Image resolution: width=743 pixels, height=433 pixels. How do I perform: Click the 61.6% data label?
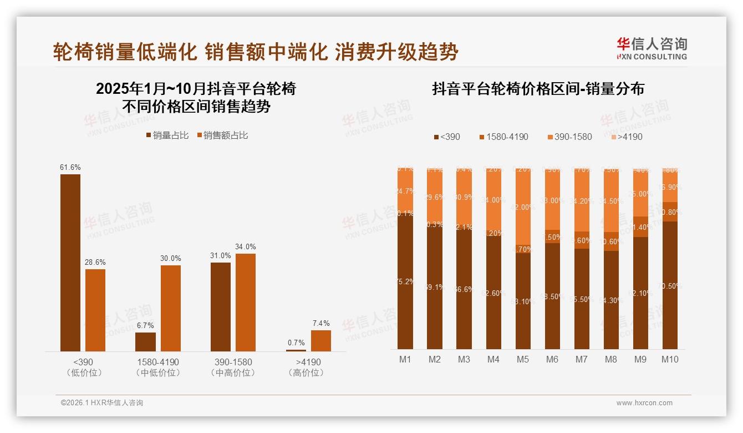pyautogui.click(x=70, y=167)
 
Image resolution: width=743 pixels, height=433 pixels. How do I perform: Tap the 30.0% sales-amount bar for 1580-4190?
pyautogui.click(x=171, y=308)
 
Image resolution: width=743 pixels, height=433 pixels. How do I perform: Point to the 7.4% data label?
pyautogui.click(x=320, y=323)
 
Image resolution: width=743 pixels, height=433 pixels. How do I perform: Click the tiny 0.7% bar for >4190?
pyautogui.click(x=296, y=350)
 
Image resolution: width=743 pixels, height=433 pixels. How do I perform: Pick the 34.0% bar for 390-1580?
pyautogui.click(x=246, y=303)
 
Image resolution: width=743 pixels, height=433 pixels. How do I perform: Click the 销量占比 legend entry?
pyautogui.click(x=167, y=135)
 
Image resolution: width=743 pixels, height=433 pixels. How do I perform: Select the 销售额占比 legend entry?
pyautogui.click(x=222, y=135)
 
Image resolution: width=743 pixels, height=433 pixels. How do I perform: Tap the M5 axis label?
pyautogui.click(x=523, y=359)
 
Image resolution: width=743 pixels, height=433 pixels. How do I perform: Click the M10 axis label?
pyautogui.click(x=670, y=359)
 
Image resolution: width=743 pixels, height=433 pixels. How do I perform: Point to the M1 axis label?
pyautogui.click(x=405, y=359)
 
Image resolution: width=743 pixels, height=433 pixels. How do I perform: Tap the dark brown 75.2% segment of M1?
pyautogui.click(x=405, y=282)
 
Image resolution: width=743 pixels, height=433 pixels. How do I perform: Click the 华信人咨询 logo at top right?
pyautogui.click(x=652, y=49)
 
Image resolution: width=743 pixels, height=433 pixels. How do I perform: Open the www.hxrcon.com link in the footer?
pyautogui.click(x=644, y=403)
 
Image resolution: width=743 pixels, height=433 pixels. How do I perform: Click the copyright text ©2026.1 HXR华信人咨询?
pyautogui.click(x=102, y=403)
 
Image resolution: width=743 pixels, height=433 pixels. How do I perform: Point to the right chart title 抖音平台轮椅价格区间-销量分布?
pyautogui.click(x=538, y=89)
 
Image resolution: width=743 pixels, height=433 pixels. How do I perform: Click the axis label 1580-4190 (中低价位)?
pyautogui.click(x=158, y=367)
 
